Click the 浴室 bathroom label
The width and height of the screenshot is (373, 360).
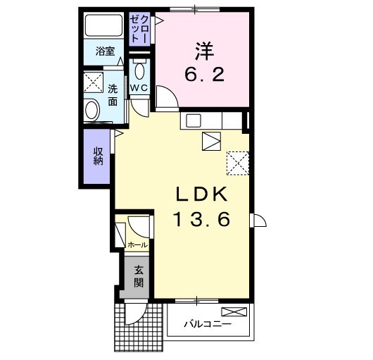pyautogui.click(x=105, y=51)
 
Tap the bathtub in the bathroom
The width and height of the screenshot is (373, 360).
pyautogui.click(x=103, y=25)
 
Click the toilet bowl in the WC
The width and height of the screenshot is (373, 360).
pyautogui.click(x=139, y=70)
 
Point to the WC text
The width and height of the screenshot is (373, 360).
pyautogui.click(x=139, y=88)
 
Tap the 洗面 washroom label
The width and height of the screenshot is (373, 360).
pyautogui.click(x=113, y=95)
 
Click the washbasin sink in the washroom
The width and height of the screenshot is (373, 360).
pyautogui.click(x=91, y=110)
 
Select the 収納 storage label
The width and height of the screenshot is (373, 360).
pyautogui.click(x=98, y=156)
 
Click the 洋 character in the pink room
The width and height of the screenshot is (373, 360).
pyautogui.click(x=205, y=51)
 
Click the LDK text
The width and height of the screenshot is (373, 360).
pyautogui.click(x=201, y=194)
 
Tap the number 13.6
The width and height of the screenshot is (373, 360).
pyautogui.click(x=203, y=219)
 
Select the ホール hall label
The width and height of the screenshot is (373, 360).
pyautogui.click(x=138, y=244)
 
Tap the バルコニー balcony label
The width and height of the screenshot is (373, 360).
pyautogui.click(x=208, y=324)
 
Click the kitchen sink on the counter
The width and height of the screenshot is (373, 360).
pyautogui.click(x=194, y=120)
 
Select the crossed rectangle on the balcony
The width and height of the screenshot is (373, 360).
pyautogui.click(x=234, y=311)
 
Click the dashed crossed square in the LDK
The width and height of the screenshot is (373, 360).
pyautogui.click(x=238, y=163)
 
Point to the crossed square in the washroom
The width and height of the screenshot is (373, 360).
pyautogui.click(x=94, y=82)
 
